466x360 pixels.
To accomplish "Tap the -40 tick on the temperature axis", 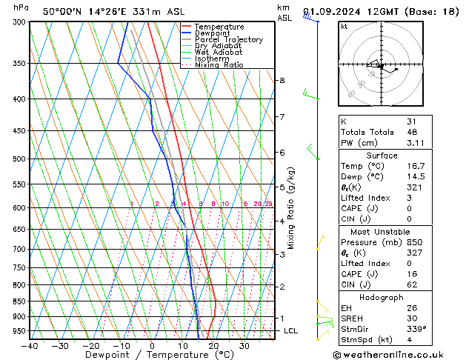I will (x=30, y=345).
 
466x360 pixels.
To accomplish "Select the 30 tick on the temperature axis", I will (x=244, y=345).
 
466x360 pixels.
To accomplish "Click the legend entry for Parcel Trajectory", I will (x=228, y=40).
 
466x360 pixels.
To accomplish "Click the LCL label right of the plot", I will (x=290, y=331).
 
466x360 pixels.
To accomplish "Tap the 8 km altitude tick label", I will (x=282, y=80).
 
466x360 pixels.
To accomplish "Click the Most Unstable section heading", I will (x=381, y=232).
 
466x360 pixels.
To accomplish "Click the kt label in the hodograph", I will (x=344, y=26).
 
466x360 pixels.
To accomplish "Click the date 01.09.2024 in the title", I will (x=338, y=11).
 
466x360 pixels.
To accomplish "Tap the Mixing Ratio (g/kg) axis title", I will (x=291, y=207).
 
